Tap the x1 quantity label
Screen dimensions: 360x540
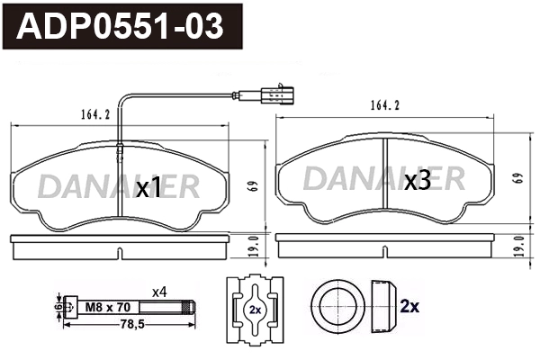tap(148, 188)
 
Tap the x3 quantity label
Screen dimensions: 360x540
tap(417, 182)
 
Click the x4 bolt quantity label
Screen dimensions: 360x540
tap(159, 291)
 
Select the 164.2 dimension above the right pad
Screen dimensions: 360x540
tap(382, 105)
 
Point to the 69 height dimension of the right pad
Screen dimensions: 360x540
tap(517, 178)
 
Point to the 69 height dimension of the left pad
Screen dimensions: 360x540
tap(254, 186)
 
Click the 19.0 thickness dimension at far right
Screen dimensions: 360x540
tap(517, 243)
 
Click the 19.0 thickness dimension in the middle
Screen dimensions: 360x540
tap(254, 243)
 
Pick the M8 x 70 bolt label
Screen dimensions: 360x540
tap(105, 307)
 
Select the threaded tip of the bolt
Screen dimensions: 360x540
tap(188, 307)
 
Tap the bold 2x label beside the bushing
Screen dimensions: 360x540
tap(409, 306)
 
